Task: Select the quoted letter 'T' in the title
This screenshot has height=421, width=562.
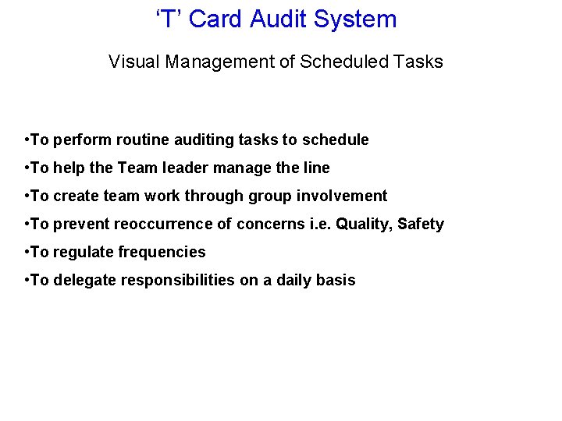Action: (169, 19)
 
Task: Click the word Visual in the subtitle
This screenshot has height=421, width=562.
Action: (133, 62)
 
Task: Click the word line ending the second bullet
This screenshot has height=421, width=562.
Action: (316, 168)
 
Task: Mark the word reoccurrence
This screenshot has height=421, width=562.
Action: (162, 225)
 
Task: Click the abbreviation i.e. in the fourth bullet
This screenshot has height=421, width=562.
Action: (314, 225)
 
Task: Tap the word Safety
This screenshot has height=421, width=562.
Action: (421, 225)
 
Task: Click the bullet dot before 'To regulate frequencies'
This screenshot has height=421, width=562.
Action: (27, 253)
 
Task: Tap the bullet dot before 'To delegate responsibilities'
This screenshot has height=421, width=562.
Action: (27, 281)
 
